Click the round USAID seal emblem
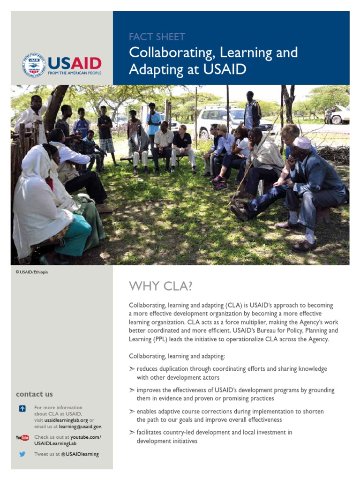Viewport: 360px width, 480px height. (34, 65)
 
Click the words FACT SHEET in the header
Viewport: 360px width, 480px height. (157, 37)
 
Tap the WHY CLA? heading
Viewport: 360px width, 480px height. (161, 285)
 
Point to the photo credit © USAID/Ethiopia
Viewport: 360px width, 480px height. (32, 272)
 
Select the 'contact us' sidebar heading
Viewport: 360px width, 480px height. (34, 394)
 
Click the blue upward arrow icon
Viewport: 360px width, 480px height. (22, 408)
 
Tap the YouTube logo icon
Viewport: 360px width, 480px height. (22, 438)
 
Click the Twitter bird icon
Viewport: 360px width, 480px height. (22, 454)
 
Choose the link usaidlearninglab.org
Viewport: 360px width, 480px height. (66, 420)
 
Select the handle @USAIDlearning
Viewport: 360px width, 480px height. (80, 454)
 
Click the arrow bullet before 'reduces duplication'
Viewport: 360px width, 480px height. (132, 369)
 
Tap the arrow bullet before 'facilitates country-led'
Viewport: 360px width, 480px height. (132, 432)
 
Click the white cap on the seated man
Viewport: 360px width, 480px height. (302, 142)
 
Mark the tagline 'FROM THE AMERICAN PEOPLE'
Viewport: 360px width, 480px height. (74, 73)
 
